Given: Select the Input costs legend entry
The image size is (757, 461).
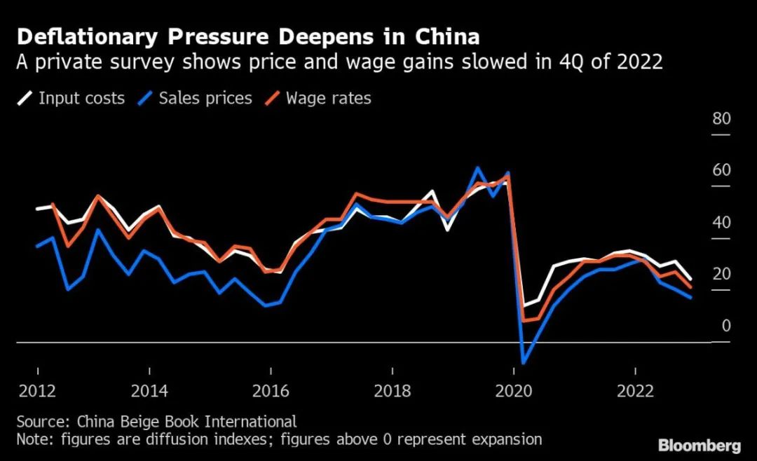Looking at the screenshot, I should [81, 97].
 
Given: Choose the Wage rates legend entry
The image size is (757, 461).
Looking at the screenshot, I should [328, 97].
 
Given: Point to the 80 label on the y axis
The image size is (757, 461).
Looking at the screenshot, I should [721, 118].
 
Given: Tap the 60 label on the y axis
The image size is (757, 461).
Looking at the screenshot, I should [721, 170].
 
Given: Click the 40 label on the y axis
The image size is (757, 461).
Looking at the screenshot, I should [721, 223].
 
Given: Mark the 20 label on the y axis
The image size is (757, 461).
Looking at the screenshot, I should [721, 274].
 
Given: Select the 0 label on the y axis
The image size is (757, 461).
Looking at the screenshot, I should [725, 326].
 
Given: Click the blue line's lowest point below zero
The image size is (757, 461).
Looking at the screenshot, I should [524, 362].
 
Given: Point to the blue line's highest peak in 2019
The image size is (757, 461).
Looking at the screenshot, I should [477, 168].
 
